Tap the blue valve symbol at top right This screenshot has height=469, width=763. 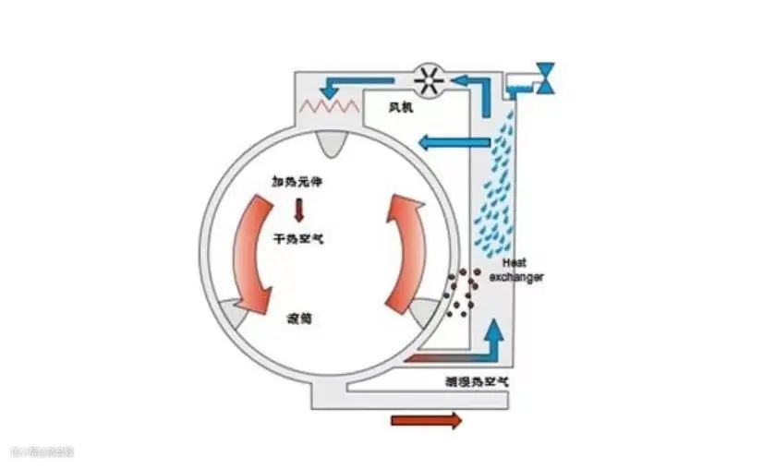546,78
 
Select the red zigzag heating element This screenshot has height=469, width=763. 332,104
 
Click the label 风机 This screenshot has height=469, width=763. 401,108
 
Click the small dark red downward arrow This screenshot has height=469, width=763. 298,210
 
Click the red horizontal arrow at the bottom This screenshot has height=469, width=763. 426,421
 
